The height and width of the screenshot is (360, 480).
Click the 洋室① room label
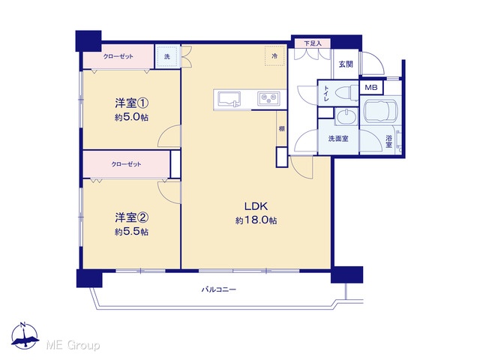pos(132,103)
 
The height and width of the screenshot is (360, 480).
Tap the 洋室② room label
pos(132,217)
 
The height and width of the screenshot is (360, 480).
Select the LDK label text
pos(256,206)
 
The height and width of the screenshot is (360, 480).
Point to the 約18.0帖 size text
pos(256,220)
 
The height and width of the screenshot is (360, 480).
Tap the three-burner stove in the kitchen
pos(268,98)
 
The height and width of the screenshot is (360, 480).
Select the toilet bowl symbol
pos(346,91)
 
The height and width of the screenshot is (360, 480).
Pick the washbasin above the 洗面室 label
pos(346,116)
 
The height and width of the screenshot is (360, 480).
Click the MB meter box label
pos(371,88)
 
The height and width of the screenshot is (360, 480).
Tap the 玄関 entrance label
pos(346,64)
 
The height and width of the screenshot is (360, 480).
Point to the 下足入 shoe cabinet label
pos(313,43)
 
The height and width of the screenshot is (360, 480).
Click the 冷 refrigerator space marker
pos(275,56)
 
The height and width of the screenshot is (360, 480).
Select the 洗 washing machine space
pos(166,57)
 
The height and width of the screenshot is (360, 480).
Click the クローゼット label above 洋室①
pos(118,56)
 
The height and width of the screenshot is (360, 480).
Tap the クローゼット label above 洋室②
pos(126,164)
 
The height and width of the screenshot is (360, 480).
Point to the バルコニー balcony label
pos(219,289)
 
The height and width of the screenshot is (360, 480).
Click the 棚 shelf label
pos(282,129)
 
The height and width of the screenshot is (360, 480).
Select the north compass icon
pos(25,335)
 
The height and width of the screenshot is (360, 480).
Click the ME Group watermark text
pos(73,345)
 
